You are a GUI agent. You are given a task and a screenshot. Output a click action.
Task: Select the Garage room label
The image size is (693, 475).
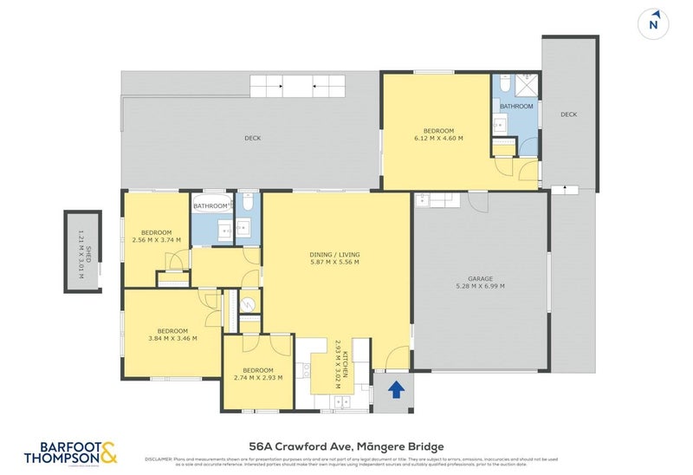(480, 279)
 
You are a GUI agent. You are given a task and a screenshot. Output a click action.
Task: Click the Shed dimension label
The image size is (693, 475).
(82, 251)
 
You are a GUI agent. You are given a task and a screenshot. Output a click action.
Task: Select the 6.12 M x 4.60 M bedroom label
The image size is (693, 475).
(438, 133)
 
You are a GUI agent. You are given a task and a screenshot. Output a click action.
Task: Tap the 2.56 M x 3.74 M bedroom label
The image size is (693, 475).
(157, 237)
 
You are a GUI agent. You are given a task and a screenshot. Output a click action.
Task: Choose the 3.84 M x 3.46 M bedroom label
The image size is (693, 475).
(172, 335)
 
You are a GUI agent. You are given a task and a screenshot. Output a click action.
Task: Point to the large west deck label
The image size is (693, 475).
(252, 138)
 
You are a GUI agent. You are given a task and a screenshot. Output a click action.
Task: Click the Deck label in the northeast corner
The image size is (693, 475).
(568, 114)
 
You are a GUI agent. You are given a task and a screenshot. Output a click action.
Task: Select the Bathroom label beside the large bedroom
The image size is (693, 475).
(516, 107)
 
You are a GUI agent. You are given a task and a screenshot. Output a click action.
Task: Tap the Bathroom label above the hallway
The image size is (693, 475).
(211, 206)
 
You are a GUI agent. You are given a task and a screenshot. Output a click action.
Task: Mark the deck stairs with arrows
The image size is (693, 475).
(298, 86)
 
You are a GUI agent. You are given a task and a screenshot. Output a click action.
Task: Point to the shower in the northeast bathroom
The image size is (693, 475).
(526, 86)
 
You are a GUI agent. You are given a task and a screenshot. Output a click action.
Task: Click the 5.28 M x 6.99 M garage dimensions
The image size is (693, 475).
(480, 286)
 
